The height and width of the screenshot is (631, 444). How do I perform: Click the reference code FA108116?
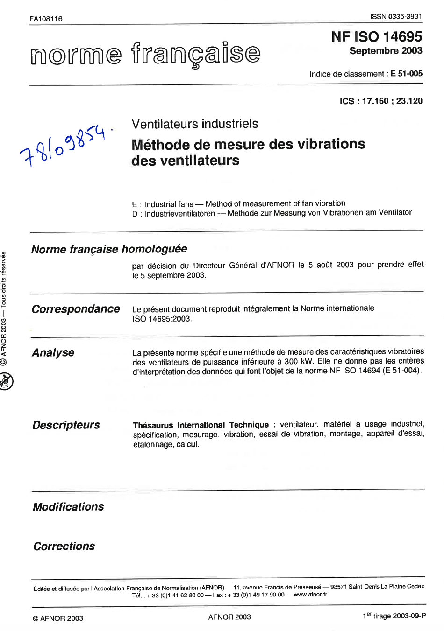pos(46,19)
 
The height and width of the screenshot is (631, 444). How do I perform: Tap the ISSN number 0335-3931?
pos(396,16)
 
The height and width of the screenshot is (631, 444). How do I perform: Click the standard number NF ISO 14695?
pos(377,36)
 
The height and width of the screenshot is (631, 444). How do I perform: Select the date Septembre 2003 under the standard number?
pos(386,51)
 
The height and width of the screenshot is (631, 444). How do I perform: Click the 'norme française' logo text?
pos(145,54)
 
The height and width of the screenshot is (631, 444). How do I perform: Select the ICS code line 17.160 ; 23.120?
pos(381,101)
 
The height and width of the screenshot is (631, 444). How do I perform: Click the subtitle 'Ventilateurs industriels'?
pos(195,124)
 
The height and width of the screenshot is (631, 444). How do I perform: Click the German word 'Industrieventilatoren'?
pos(179,213)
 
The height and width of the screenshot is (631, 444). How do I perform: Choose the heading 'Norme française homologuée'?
pos(109,249)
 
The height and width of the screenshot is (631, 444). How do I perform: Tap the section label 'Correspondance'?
pos(76,309)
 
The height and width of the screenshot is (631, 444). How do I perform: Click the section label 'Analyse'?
pos(53,352)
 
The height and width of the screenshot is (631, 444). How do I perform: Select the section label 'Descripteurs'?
pos(66,425)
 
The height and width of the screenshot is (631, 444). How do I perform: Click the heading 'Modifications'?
pos(68,507)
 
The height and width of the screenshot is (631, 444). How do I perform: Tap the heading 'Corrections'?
pos(64,546)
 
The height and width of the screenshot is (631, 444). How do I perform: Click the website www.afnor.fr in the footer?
pos(310,595)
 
